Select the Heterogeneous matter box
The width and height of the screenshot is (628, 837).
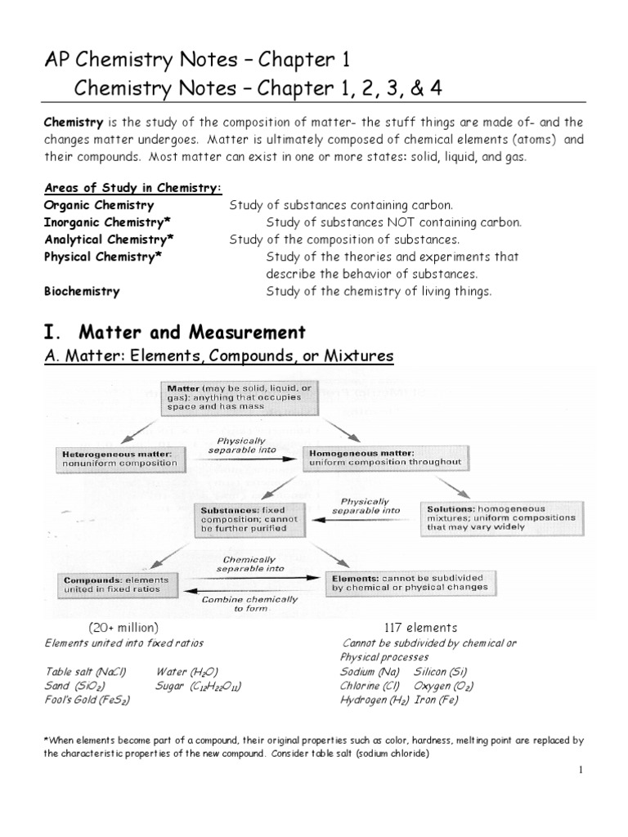pos(119,458)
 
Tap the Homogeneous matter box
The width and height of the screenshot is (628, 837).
pos(386,457)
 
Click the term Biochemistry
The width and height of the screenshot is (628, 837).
pos(82,291)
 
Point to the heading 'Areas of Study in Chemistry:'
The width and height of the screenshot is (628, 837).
pos(132,188)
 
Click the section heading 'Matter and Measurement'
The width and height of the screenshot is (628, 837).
pos(192,333)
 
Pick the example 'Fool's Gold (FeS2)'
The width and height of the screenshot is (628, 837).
pos(88,700)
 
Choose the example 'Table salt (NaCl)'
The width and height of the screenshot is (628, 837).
pos(86,672)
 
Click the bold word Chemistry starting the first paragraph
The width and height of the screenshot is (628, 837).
pos(74,122)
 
